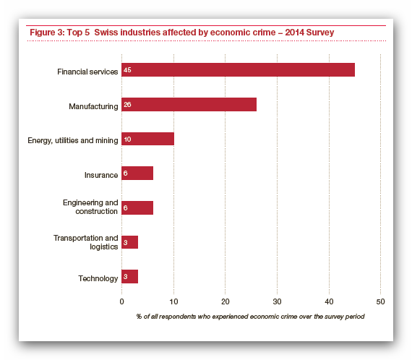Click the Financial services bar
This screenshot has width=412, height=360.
coord(238,70)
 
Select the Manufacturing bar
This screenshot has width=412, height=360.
coord(189,105)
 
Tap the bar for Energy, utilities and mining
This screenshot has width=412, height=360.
coord(147,139)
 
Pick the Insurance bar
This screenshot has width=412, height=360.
coord(137,173)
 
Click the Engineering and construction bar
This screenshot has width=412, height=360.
coord(137,208)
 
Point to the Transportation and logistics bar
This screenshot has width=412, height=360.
coord(129,242)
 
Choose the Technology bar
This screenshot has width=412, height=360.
coord(129,277)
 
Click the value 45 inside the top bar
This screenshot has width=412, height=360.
coord(127,70)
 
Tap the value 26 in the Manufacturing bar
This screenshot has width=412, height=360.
coord(127,105)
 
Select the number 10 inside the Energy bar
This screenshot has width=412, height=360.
coord(127,140)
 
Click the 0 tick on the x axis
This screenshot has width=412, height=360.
coord(121,301)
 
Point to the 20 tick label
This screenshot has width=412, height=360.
coord(226,301)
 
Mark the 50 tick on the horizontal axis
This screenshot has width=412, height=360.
coord(380,301)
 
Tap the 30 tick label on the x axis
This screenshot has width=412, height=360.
coord(277,301)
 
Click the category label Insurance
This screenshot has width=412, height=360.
coord(101,175)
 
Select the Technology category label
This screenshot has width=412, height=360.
coord(98,278)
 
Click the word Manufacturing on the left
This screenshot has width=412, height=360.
coord(93,106)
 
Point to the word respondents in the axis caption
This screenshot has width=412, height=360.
coord(177,317)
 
